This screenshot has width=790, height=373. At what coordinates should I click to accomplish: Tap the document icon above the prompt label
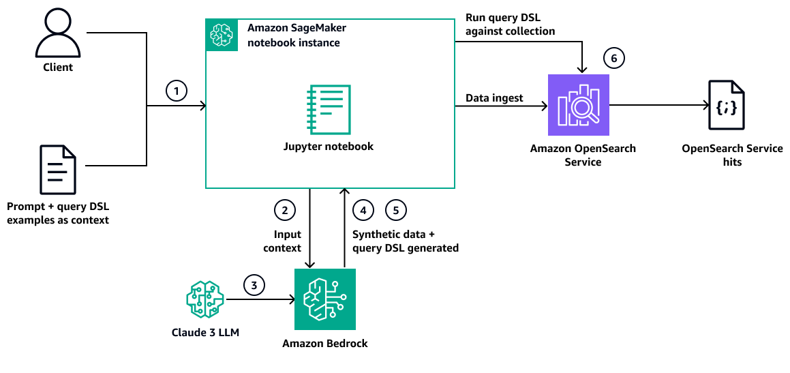58,170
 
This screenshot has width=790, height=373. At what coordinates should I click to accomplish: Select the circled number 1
177,91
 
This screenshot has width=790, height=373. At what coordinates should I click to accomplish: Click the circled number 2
284,210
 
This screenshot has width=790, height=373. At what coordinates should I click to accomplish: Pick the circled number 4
363,210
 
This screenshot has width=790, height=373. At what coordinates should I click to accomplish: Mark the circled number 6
613,59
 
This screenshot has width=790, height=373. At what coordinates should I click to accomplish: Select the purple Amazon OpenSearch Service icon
578,106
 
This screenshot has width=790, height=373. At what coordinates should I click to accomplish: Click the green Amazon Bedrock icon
324,299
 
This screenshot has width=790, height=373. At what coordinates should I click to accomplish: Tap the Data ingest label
494,98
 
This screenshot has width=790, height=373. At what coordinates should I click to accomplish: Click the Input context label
283,241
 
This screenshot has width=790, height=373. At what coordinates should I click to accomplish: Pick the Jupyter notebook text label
329,146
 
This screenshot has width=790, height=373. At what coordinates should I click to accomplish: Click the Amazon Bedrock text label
325,344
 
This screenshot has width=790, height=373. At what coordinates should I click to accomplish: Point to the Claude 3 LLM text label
205,333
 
